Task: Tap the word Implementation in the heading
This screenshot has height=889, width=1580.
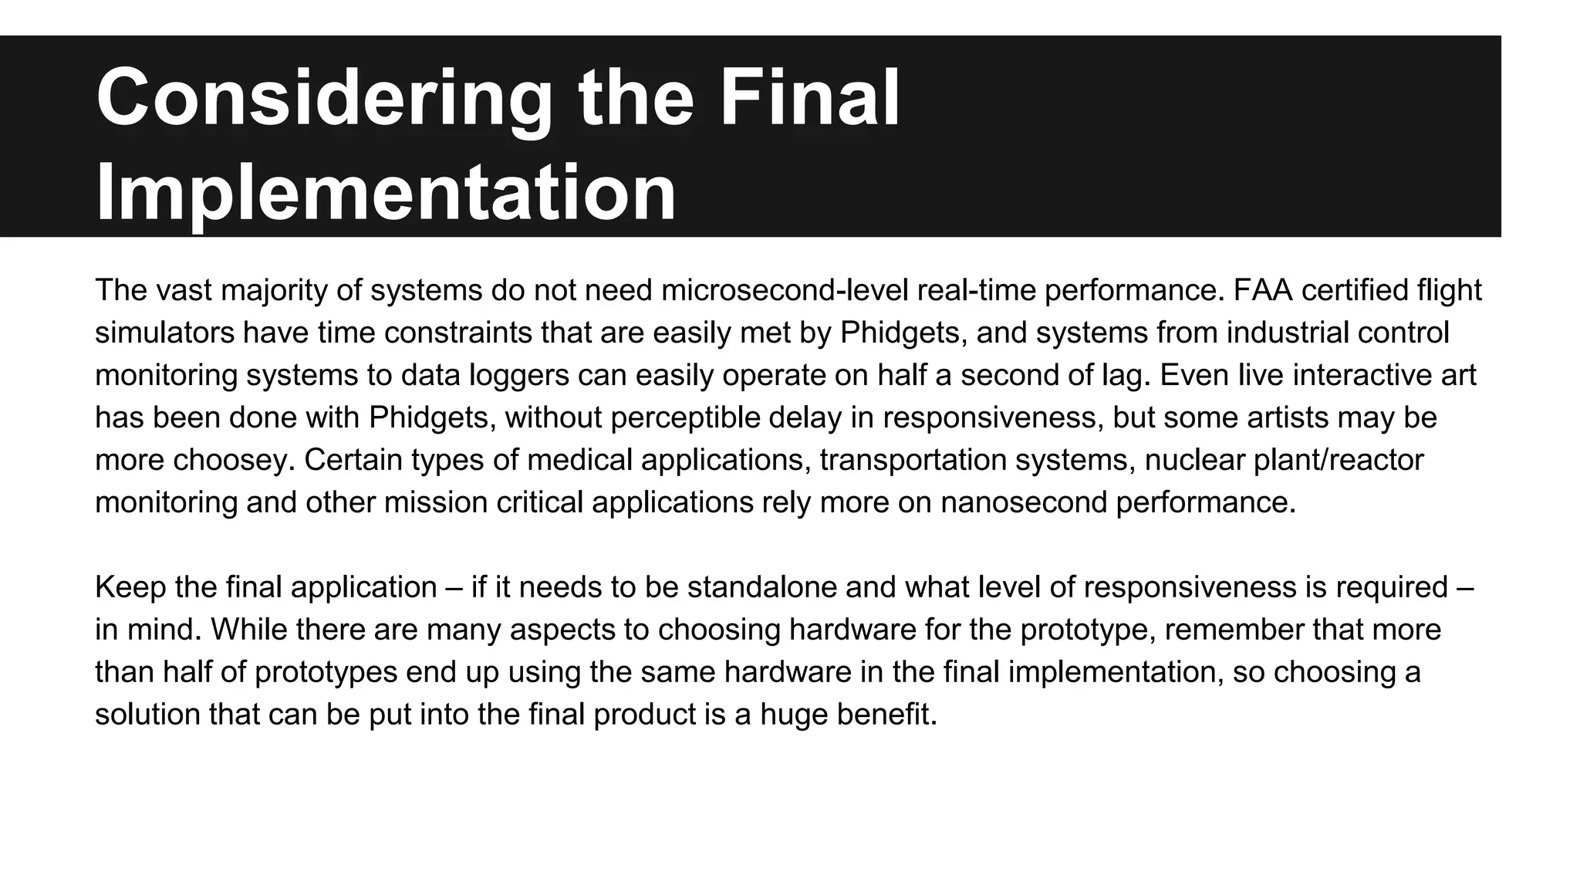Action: tap(386, 193)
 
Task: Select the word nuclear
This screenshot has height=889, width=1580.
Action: tap(1194, 461)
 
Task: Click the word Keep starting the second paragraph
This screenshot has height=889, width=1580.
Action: tap(130, 588)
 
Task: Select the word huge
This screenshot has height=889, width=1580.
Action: tap(792, 715)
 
